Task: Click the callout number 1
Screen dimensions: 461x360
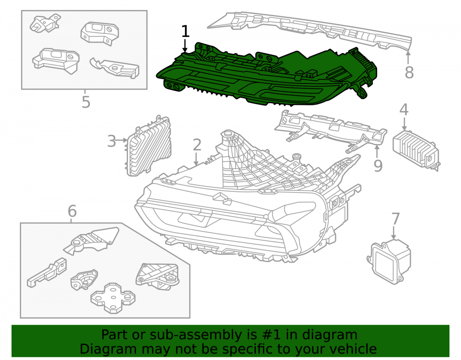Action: coord(185,31)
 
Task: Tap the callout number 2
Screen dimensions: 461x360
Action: coord(197,145)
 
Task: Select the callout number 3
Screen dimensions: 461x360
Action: coord(112,141)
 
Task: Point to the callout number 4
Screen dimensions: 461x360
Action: coord(404,109)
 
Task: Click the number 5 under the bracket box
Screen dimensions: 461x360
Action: coord(86,102)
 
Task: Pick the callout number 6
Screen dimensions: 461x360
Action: coord(72,211)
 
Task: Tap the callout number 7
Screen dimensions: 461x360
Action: coord(396,219)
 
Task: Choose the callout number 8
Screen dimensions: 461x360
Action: coord(409,72)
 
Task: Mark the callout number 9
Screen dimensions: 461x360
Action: coord(378,166)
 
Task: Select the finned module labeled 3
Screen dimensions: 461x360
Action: coord(149,146)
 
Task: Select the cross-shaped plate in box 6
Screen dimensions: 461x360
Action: coord(113,298)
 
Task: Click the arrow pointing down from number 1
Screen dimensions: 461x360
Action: coord(185,46)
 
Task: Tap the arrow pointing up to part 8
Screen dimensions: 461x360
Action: coord(408,58)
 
